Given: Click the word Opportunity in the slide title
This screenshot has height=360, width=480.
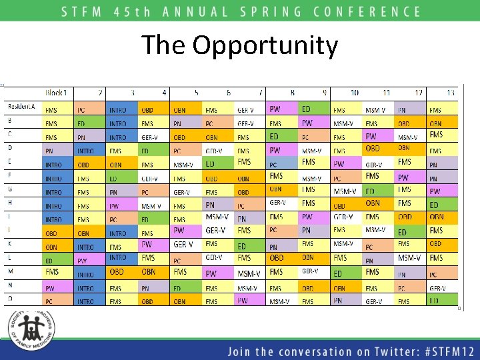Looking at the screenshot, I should point(265,47).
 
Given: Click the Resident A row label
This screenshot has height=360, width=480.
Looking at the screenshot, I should point(22,107).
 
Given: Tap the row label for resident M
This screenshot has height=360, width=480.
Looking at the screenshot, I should point(11,271).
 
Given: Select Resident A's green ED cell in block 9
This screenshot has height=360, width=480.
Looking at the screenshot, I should point(314,109).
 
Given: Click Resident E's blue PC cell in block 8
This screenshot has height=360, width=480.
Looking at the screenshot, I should point(282,164).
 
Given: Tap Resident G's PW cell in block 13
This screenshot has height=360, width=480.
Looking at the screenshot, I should point(442,191).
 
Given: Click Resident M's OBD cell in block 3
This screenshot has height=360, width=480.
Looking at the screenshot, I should point(122,272).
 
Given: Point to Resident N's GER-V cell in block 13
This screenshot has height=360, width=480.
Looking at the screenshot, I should point(442,288).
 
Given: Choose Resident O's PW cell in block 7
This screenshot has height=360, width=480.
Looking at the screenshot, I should point(249,301).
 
